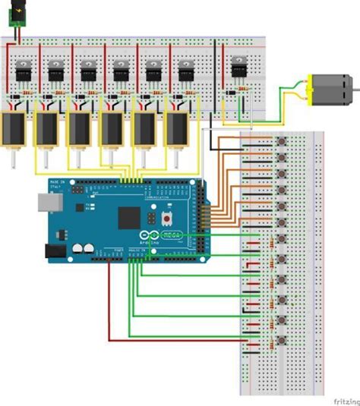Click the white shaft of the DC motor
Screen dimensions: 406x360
pos(356,90)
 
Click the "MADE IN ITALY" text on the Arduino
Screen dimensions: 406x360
pos(58,185)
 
